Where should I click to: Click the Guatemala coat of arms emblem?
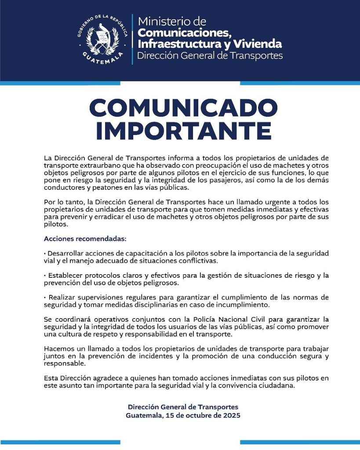pos(102,39)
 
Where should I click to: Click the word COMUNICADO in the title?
pos(183,108)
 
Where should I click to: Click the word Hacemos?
pos(59,349)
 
